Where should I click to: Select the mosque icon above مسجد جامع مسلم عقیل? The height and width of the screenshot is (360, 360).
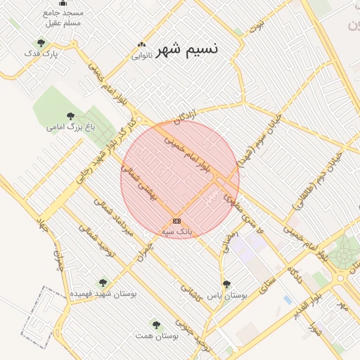[x=63, y=2]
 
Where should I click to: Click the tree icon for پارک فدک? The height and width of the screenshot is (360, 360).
[x=41, y=43]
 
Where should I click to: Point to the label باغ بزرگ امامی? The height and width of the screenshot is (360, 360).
[x=70, y=127]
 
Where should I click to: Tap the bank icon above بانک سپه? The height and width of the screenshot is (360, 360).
[x=176, y=221]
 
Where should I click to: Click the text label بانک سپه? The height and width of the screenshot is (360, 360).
[x=176, y=231]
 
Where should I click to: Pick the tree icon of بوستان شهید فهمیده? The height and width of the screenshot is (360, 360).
[x=103, y=283]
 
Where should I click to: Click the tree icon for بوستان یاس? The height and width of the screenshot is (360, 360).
[x=226, y=285]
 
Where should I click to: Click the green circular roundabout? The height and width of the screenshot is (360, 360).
[x=345, y=253]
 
